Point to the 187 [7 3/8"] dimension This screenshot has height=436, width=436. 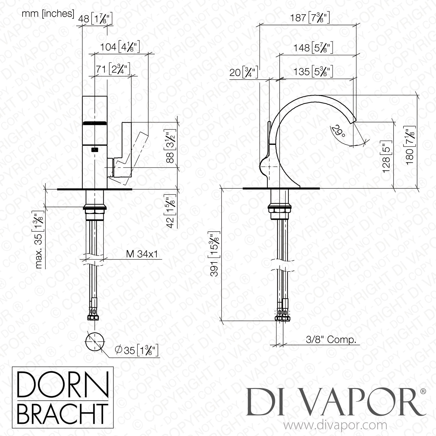(x=310, y=18)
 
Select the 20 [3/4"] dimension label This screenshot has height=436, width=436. (x=244, y=72)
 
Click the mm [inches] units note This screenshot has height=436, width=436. (x=48, y=13)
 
